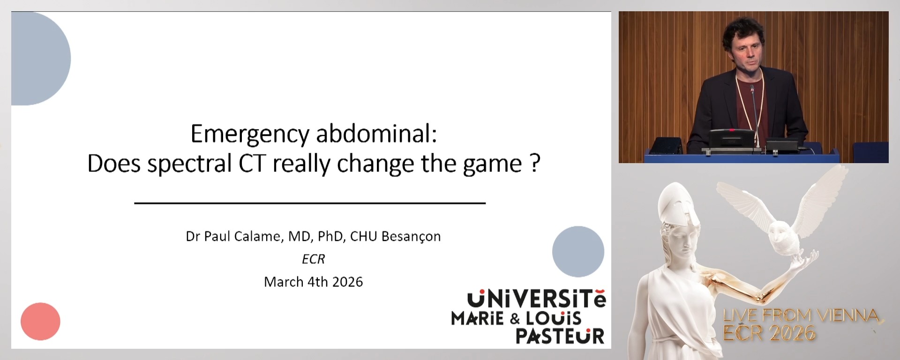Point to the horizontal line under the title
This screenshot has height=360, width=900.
pos(309,203)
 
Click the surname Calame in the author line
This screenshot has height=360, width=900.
pos(258,236)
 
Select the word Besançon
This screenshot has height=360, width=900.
pos(411,237)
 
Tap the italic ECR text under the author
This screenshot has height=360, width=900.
pos(313,259)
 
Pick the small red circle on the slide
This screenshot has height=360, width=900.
pos(40,322)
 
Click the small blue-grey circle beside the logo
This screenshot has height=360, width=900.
pos(578,252)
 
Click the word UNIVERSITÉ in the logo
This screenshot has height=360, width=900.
pos(536,299)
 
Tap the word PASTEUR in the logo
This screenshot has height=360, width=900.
pos(560,336)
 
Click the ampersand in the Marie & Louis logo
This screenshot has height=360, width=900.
pos(515,319)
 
